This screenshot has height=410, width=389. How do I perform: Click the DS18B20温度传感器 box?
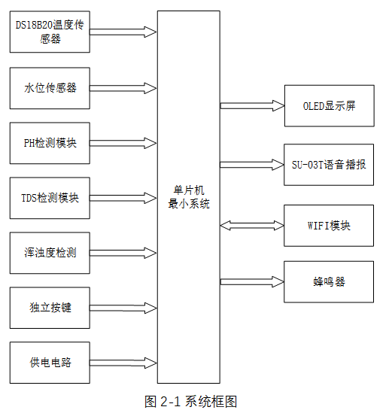point(50,32)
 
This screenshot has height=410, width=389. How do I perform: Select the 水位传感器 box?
point(50,87)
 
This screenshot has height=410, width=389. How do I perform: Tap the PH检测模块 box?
point(50,143)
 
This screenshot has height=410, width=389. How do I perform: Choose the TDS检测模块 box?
point(50,199)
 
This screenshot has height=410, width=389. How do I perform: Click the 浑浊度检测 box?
point(50,253)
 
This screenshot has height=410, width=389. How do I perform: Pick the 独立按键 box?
point(50,308)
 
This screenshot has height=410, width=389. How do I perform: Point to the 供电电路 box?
point(50,362)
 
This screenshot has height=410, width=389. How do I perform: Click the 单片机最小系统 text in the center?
point(189,197)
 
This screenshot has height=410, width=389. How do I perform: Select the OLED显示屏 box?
point(328,105)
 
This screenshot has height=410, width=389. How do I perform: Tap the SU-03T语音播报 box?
point(328,164)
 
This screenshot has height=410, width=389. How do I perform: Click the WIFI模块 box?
point(328,225)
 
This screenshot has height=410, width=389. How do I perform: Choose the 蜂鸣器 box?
point(328,282)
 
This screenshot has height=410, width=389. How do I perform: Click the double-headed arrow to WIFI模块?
point(251,225)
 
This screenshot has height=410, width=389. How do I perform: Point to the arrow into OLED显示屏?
point(251,106)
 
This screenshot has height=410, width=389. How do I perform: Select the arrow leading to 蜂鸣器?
point(251,282)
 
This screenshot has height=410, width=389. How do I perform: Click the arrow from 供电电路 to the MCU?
point(123,363)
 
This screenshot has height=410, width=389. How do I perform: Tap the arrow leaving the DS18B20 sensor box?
point(123,32)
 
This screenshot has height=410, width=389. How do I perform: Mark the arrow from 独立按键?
point(123,308)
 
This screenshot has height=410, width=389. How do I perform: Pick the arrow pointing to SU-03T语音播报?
point(251,164)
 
